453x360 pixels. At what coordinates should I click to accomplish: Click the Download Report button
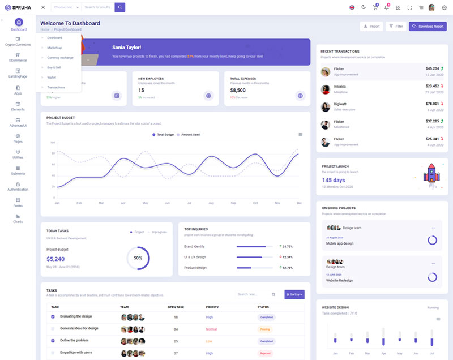(x=428, y=26)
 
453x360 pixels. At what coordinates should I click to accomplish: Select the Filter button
(x=396, y=26)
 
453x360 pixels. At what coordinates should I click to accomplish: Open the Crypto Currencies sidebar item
(x=18, y=41)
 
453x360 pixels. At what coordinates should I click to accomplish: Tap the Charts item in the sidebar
(x=18, y=218)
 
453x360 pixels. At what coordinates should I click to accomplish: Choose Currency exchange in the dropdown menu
(x=60, y=58)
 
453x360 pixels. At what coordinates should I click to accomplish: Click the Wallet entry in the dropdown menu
(x=52, y=77)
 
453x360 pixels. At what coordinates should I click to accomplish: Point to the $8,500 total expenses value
(x=238, y=90)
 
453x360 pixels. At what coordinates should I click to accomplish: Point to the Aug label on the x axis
(x=211, y=203)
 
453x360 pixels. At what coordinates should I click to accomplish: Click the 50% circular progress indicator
(x=138, y=258)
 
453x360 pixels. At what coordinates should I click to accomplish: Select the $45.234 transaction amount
(x=431, y=68)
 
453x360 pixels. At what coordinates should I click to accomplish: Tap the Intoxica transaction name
(x=340, y=87)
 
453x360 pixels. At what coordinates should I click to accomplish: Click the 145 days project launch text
(x=334, y=180)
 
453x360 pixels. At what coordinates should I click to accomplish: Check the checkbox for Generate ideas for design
(x=53, y=329)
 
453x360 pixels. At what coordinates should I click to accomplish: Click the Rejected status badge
(x=265, y=353)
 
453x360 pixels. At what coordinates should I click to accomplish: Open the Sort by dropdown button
(x=294, y=294)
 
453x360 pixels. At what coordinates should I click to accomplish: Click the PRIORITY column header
(x=212, y=307)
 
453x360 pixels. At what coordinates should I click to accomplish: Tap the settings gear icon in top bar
(x=444, y=7)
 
